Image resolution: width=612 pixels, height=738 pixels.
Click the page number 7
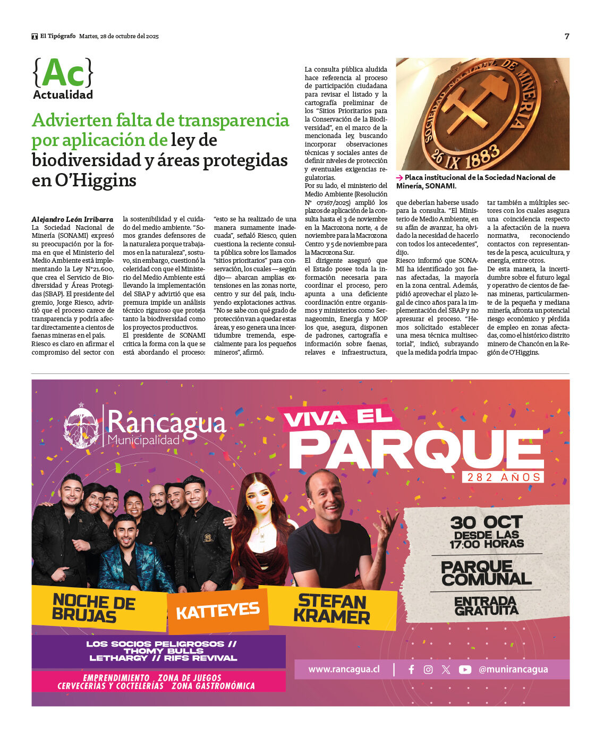[x=567, y=36]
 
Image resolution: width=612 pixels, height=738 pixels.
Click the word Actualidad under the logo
[x=63, y=95]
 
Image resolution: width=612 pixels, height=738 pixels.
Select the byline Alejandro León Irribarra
[x=72, y=219]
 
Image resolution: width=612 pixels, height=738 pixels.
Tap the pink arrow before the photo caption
[x=399, y=178]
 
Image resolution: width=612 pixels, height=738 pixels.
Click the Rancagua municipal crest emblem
[x=82, y=425]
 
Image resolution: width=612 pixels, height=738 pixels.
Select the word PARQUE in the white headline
[x=416, y=450]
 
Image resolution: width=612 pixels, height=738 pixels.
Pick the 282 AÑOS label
[x=502, y=477]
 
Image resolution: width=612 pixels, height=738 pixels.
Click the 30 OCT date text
[x=486, y=523]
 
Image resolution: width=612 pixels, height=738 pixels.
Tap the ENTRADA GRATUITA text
[x=486, y=605]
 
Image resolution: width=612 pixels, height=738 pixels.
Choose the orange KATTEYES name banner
[x=218, y=611]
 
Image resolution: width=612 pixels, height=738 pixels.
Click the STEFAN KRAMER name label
[x=331, y=608]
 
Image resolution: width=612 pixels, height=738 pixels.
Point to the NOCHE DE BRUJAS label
[x=93, y=607]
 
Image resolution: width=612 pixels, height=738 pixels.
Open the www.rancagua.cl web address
[x=344, y=670]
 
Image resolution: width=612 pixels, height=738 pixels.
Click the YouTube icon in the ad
[x=465, y=670]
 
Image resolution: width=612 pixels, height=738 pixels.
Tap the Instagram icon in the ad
[x=428, y=670]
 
